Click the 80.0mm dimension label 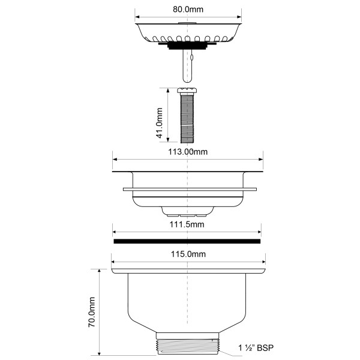[x=188, y=10]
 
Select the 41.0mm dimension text [x=160, y=123]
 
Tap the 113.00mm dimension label [x=188, y=152]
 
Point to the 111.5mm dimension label [x=187, y=224]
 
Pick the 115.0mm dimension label [x=188, y=254]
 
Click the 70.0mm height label [x=92, y=312]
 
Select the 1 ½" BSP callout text [x=256, y=348]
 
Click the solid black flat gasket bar [x=187, y=241]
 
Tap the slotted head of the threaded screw [x=187, y=90]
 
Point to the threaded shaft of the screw [x=187, y=118]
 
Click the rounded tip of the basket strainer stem [x=187, y=80]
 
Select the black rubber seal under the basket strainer [x=187, y=46]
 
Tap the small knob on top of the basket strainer [x=187, y=23]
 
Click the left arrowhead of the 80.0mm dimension [x=137, y=17]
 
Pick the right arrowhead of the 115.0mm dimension [x=263, y=262]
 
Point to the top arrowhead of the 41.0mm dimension [x=168, y=90]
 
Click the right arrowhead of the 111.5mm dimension [x=259, y=232]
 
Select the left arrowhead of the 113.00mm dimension [x=115, y=160]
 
